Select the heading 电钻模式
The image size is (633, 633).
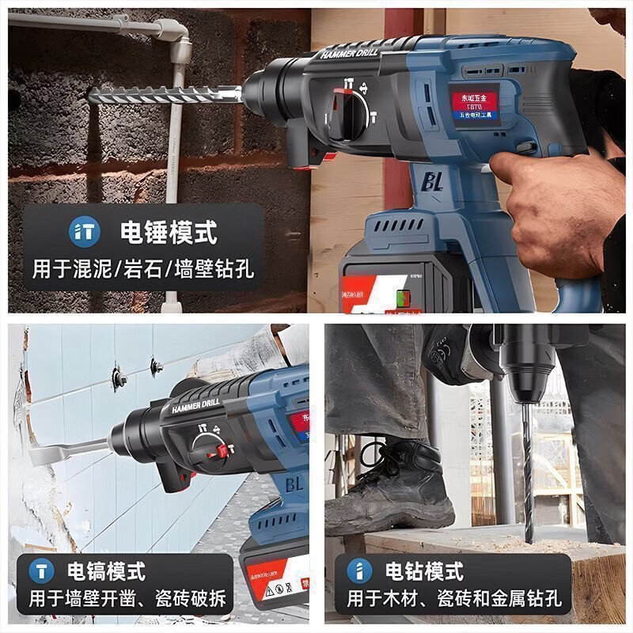click(x=424, y=570)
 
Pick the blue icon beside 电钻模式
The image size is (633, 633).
click(x=360, y=570)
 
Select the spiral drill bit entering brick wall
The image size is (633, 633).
click(x=166, y=96)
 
